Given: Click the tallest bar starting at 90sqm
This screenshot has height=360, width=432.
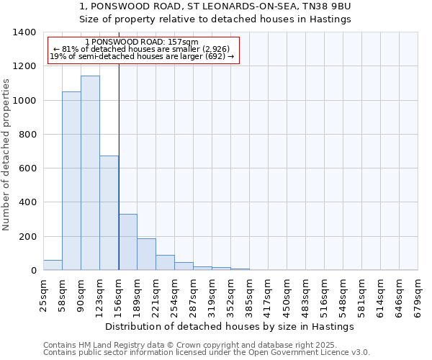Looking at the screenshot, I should point(90,173).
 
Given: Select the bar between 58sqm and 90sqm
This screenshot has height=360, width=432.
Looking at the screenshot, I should point(71,181).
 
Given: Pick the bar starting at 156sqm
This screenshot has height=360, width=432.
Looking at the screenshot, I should point(127,242).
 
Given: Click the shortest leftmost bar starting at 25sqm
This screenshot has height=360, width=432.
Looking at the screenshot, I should point(53,265).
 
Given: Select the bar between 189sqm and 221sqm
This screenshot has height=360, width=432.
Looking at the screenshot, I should point(146,254).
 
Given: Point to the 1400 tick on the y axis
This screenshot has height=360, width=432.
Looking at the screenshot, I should point(27,32).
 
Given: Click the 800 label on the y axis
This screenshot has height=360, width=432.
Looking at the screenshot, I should point(27,135).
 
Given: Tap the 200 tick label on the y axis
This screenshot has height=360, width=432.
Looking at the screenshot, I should point(27,237).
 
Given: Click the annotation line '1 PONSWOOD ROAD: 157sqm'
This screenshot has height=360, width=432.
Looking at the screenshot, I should point(141,42).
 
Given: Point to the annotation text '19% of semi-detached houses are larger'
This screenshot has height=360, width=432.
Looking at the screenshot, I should point(142,56).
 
